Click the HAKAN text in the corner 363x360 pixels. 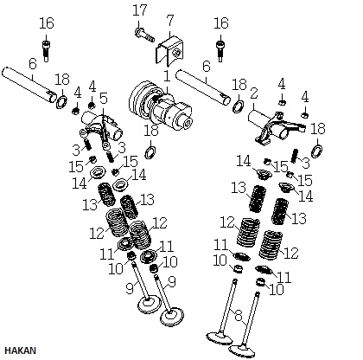point(20,350)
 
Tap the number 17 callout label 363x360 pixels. point(140,10)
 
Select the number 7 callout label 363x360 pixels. point(170,21)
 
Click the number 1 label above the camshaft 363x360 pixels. point(167,76)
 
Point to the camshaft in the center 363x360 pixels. point(161,106)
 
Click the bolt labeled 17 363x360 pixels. point(144,35)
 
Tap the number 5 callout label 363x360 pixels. point(104,99)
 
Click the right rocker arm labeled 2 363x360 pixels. point(277,128)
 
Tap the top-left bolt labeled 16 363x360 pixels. point(46,51)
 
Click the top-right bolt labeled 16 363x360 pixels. point(220,51)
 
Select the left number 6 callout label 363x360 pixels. point(33,64)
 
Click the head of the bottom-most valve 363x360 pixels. point(242,351)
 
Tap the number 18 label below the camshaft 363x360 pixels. point(151,131)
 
